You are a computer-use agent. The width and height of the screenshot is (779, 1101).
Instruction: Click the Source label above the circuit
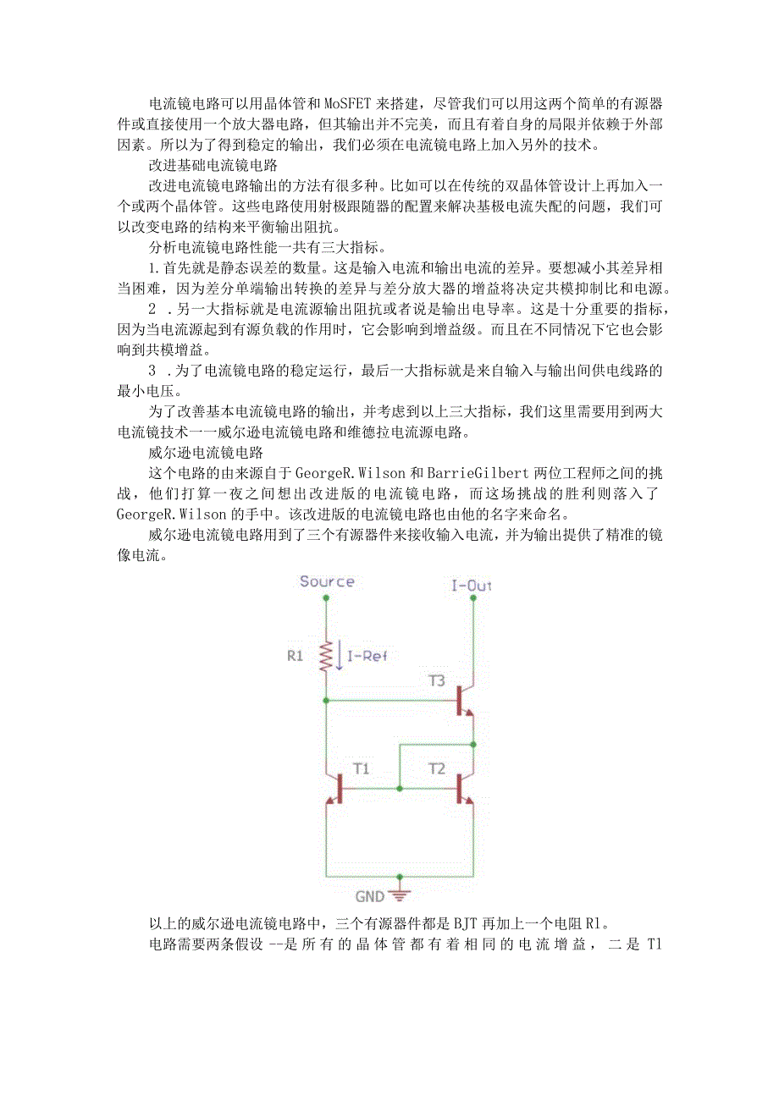[327, 581]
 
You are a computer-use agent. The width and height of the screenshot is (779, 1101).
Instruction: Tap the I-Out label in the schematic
[472, 585]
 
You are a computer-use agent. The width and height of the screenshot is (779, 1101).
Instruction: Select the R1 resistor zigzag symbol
[326, 656]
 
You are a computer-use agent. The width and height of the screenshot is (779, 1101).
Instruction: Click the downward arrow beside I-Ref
[340, 655]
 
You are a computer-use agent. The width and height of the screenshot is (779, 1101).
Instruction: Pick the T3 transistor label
[436, 680]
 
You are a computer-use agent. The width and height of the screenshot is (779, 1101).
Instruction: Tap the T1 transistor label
[362, 768]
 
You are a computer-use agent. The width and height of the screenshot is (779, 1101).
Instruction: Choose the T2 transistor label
[436, 768]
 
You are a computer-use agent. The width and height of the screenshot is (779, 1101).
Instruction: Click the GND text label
[371, 896]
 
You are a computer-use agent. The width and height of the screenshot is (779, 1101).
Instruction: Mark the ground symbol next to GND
[400, 894]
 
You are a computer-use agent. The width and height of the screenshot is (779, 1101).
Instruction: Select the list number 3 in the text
[152, 371]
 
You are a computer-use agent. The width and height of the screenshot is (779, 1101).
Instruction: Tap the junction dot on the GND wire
[400, 877]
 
